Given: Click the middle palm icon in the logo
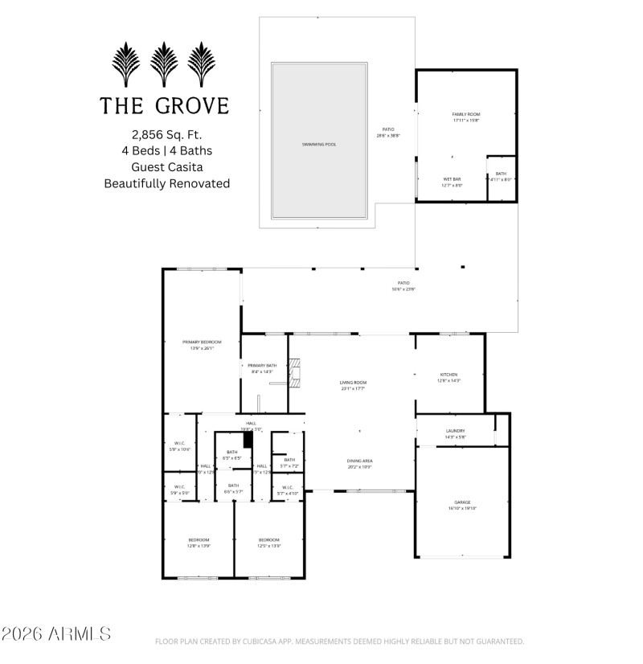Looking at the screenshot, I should coord(164,64).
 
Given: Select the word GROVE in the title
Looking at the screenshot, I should coord(192,105).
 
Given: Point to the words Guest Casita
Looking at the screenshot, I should coord(166,166).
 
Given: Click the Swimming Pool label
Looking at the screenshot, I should coord(319,145).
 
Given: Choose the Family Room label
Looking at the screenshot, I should coord(465,115).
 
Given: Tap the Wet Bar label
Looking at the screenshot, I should coord(451,178).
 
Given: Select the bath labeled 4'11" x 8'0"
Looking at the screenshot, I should coord(501,179).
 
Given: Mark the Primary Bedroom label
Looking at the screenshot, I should coord(202,342).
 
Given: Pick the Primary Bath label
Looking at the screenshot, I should coord(261,365).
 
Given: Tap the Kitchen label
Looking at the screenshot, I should coord(448,375).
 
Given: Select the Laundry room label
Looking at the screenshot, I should coord(455,430).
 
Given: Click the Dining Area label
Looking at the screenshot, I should coord(360,461).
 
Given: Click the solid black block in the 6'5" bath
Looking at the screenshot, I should coord(248,439).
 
